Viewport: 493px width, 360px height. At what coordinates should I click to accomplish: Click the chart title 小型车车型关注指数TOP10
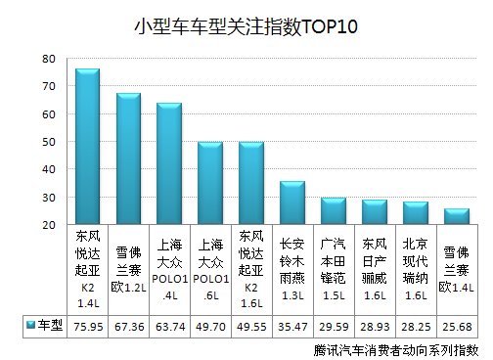246,26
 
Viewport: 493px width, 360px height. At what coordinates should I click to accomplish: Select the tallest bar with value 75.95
88,147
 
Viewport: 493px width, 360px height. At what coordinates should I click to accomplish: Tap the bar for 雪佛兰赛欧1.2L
129,158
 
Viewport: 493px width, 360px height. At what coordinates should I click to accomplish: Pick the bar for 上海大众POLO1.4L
169,163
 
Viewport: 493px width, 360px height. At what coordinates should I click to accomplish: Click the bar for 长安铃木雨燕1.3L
291,202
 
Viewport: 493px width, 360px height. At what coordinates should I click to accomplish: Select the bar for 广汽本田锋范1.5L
333,210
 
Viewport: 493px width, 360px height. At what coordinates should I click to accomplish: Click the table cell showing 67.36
128,325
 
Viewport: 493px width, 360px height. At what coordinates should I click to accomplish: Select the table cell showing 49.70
210,325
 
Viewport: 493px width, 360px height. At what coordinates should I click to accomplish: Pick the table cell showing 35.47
291,325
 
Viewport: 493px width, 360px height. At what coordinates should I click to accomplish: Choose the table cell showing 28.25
414,325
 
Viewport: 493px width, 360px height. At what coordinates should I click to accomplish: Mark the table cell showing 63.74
169,325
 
